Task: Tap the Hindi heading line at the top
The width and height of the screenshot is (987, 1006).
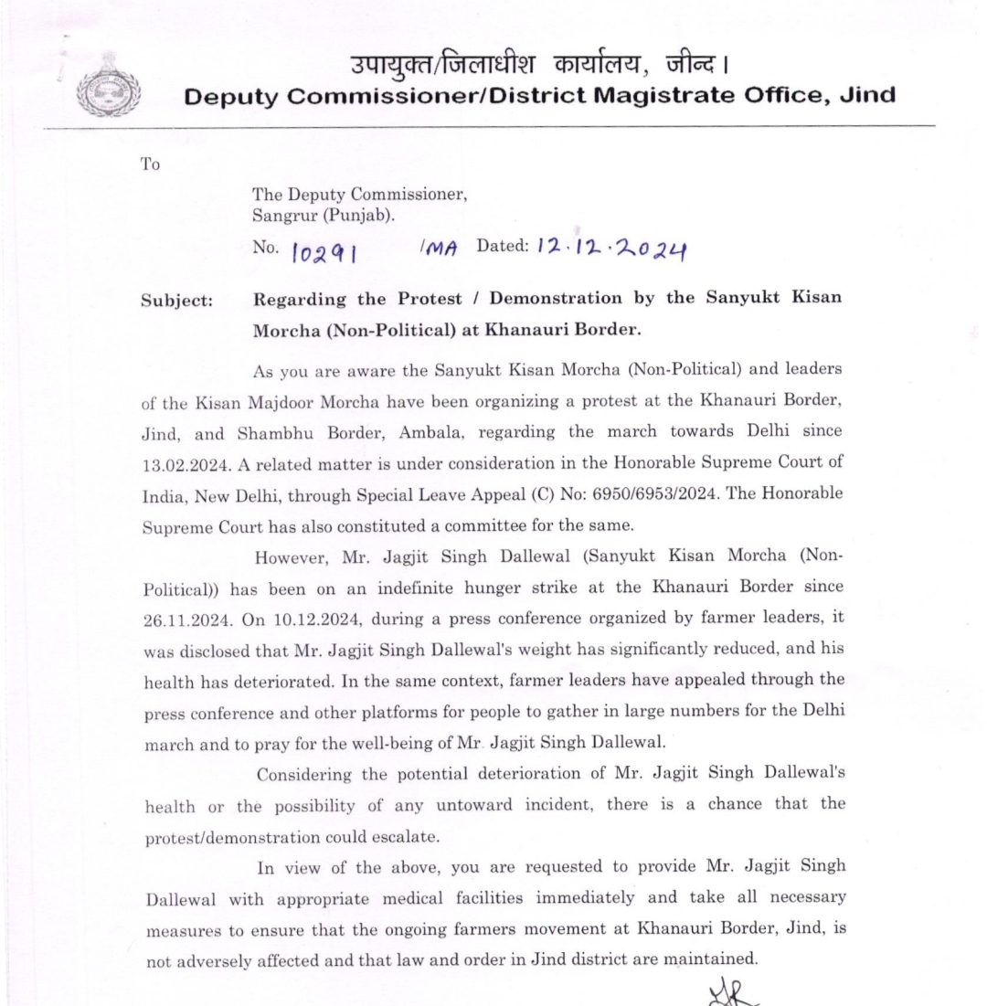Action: tap(538, 66)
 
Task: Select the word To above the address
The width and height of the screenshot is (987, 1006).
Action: tap(150, 164)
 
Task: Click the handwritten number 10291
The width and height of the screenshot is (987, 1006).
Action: tap(321, 250)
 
